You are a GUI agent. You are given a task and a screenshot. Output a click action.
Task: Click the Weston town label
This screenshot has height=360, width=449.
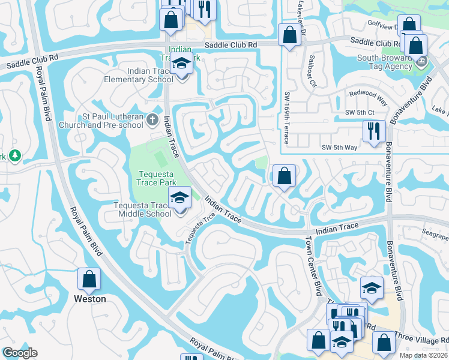(x=89, y=299)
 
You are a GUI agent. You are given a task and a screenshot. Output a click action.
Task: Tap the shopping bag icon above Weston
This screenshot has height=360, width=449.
(x=89, y=279)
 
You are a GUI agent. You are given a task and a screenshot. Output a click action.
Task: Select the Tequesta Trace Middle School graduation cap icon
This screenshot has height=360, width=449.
(x=179, y=197)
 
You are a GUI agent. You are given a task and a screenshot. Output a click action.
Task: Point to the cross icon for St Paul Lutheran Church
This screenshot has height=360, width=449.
(x=152, y=121)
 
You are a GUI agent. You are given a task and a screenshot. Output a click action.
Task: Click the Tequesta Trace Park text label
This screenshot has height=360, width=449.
(x=155, y=175)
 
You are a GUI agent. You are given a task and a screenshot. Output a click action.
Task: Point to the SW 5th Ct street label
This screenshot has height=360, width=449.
(x=359, y=112)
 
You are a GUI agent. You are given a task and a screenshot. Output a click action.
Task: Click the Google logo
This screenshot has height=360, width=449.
(x=20, y=353)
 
